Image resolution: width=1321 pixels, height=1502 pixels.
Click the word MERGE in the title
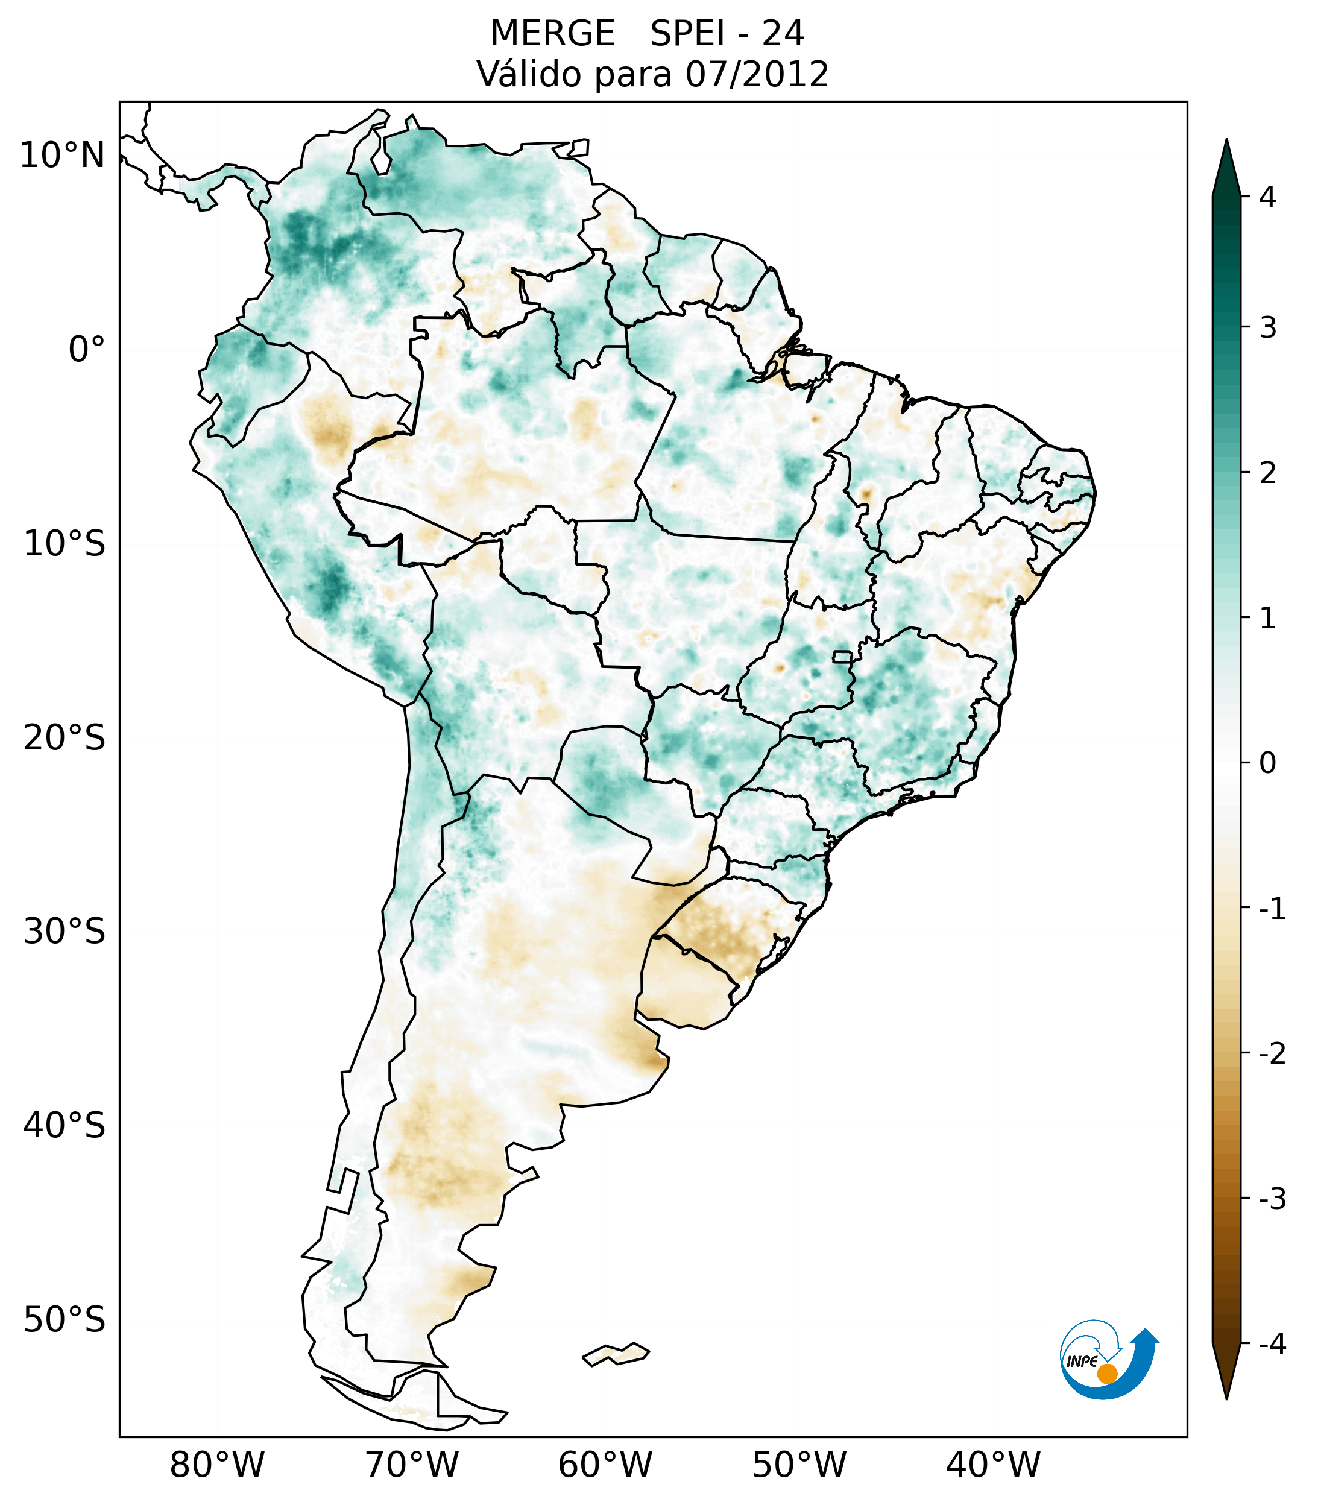click(552, 34)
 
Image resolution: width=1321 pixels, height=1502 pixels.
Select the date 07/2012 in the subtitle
click(757, 74)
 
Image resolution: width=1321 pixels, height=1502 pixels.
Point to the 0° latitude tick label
click(86, 349)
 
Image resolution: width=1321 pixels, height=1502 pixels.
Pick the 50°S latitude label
click(65, 1321)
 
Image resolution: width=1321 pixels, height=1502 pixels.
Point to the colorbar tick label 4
click(1267, 197)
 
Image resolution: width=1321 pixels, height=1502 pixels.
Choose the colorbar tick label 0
click(1267, 763)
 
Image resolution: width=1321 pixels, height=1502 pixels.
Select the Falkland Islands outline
click(616, 1353)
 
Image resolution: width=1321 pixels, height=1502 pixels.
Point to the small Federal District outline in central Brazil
click(843, 656)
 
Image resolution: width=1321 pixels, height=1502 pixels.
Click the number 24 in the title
click(783, 34)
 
